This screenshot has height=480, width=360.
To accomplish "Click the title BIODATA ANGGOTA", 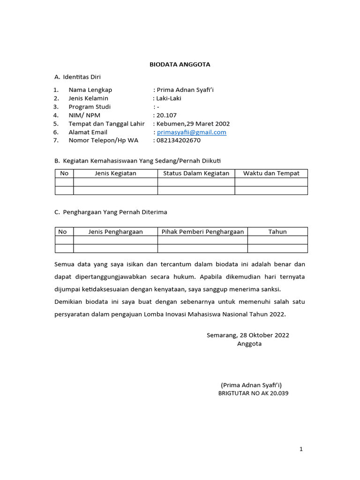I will click(x=180, y=65).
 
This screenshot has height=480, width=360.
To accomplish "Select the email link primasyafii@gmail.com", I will click(x=191, y=132).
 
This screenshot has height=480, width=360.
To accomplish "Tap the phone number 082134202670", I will click(x=178, y=140).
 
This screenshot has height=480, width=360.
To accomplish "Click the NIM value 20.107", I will click(x=166, y=115).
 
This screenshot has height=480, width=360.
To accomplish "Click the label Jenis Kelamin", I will click(x=88, y=98).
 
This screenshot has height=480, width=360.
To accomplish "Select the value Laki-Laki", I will click(x=169, y=98).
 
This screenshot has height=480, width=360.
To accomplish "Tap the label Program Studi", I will click(x=90, y=107).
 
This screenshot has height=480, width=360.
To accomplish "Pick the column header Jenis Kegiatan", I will click(x=115, y=173).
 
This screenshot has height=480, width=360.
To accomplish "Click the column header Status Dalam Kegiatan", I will click(x=196, y=173).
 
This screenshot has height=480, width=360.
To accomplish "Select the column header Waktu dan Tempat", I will click(x=271, y=173).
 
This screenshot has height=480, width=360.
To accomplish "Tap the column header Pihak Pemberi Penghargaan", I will click(x=202, y=232).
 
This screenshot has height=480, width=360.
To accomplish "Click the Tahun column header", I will click(x=277, y=232).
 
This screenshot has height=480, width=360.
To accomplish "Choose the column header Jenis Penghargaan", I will click(x=115, y=232).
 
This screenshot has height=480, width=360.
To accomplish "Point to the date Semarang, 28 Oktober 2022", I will click(x=247, y=335).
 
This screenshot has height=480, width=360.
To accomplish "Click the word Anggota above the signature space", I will click(x=249, y=344).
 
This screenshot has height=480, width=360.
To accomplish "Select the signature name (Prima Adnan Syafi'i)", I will click(x=251, y=385).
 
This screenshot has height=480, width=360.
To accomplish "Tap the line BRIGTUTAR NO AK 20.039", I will click(x=253, y=393).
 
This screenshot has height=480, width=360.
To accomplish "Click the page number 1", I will click(x=301, y=449).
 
